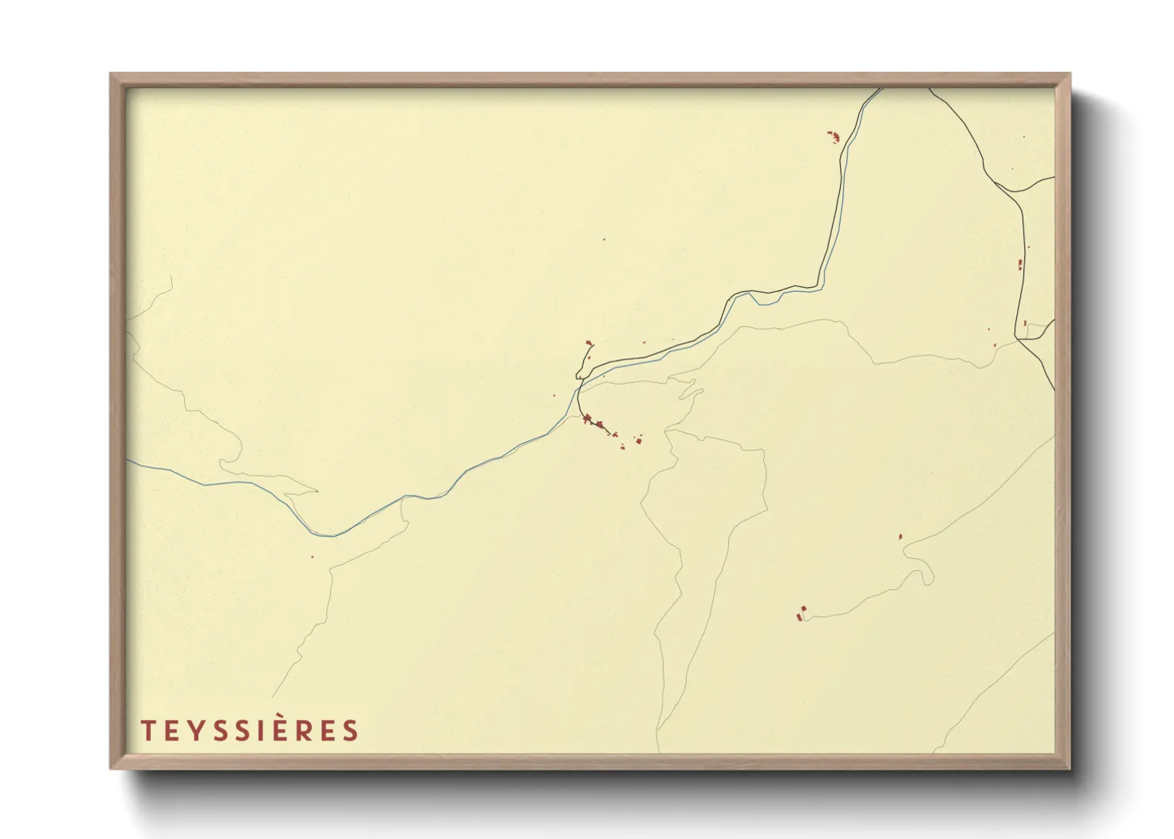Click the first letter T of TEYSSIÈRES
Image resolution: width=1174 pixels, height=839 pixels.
(147, 730)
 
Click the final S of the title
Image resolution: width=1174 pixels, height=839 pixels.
(351, 730)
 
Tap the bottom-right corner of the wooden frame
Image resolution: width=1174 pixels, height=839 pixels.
(1069, 768)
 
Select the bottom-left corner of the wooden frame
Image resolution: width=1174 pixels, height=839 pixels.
(111, 768)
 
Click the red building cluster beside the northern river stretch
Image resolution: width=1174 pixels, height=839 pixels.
(833, 137)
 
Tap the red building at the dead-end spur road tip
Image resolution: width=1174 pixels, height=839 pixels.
(589, 343)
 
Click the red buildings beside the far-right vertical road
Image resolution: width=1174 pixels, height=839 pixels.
(1020, 265)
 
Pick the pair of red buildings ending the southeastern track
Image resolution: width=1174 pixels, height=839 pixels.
(801, 612)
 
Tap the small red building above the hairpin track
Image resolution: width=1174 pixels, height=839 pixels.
(900, 537)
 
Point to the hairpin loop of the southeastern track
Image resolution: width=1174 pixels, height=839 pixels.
(928, 577)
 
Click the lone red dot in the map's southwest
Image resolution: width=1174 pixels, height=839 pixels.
(312, 557)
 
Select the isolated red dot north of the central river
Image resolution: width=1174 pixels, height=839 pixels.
(604, 239)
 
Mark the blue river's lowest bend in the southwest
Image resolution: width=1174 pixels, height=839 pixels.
(333, 536)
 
